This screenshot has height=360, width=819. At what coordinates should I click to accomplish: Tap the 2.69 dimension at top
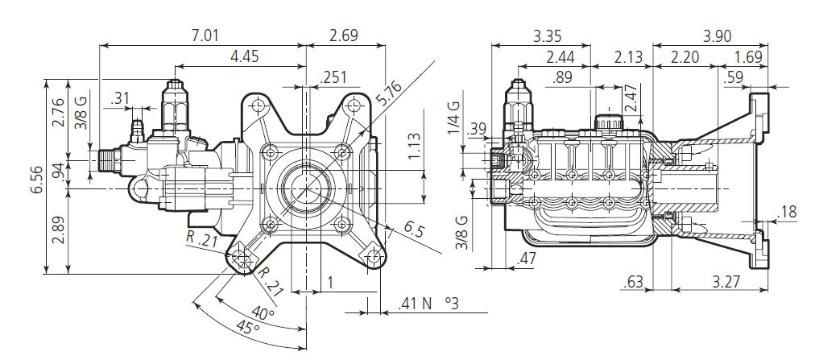pyautogui.click(x=344, y=36)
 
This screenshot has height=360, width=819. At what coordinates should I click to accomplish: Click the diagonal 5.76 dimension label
pyautogui.click(x=388, y=97)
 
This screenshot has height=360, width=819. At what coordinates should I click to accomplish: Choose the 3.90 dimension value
pyautogui.click(x=718, y=36)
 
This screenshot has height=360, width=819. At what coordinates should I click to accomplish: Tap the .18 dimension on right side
pyautogui.click(x=788, y=212)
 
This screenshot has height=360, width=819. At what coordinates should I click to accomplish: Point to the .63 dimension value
pyautogui.click(x=635, y=281)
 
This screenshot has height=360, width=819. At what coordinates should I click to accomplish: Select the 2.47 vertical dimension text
pyautogui.click(x=631, y=102)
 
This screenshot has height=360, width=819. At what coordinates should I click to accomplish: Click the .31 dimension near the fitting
pyautogui.click(x=122, y=98)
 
